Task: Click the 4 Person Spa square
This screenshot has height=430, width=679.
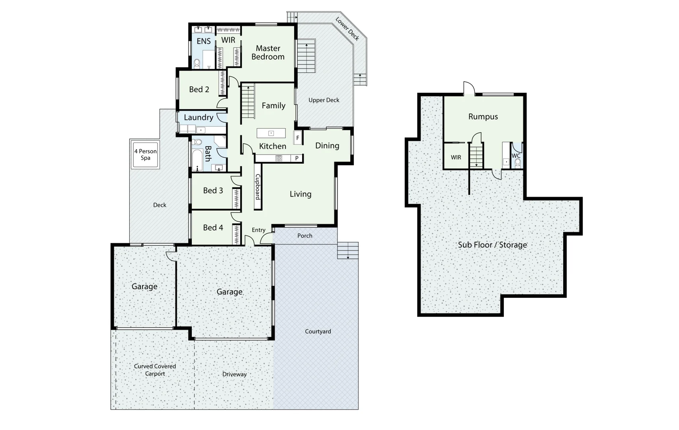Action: (145, 155)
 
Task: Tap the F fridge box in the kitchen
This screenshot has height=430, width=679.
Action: (297, 138)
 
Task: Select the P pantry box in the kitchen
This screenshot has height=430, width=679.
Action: (297, 158)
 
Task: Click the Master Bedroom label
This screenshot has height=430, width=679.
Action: (268, 53)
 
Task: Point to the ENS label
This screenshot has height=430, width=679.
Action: (203, 41)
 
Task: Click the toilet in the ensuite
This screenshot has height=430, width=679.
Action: (197, 63)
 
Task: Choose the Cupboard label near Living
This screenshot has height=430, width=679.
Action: (258, 187)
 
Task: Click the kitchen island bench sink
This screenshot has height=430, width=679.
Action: (271, 133)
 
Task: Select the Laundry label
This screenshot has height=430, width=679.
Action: (198, 117)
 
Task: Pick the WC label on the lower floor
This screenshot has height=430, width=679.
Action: (516, 156)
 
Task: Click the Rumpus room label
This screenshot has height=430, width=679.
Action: (483, 117)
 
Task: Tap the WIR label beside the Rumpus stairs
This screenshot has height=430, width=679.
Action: (456, 157)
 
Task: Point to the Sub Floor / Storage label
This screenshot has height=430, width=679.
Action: (492, 245)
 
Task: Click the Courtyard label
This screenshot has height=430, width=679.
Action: (318, 331)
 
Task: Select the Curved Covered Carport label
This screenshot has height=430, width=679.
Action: (155, 370)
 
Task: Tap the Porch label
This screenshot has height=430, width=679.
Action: (305, 236)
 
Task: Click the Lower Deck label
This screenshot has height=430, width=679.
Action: (347, 29)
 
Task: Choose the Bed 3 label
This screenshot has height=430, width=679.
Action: (213, 190)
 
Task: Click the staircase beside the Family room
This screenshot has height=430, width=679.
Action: (248, 101)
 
